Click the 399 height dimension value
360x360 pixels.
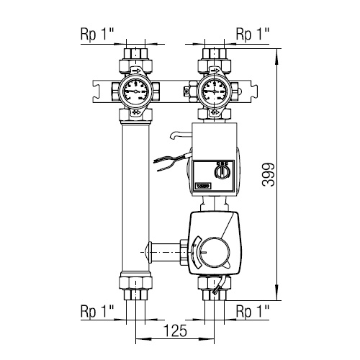[268, 174]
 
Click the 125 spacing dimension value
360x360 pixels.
[175, 330]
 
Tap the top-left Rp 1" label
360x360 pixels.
[96, 35]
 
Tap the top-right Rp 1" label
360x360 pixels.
[253, 35]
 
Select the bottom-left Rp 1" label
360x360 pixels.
[96, 310]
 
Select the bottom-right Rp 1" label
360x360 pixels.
[253, 310]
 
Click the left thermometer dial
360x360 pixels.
[135, 91]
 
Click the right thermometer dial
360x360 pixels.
[215, 91]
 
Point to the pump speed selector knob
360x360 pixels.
[222, 171]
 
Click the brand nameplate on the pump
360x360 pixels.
[203, 186]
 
